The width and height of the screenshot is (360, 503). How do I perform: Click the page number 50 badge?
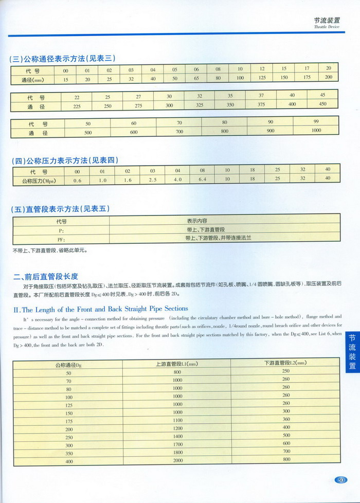(341, 480)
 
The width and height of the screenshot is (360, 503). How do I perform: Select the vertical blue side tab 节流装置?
(352, 350)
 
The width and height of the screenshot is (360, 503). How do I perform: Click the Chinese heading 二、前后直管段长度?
(46, 276)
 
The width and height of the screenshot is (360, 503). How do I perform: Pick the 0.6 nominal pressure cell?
(78, 181)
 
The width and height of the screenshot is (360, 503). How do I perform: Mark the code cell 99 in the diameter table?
(316, 122)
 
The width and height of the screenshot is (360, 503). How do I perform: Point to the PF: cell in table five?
(61, 239)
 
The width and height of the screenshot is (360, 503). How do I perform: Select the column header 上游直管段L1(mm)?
(177, 364)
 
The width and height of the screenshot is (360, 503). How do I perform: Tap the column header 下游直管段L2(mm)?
(285, 363)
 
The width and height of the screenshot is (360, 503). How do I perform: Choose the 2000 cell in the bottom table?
(177, 460)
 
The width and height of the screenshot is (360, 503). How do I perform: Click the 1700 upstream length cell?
(177, 444)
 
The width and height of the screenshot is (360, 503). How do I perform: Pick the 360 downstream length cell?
(286, 419)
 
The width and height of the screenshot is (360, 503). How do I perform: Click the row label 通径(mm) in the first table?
(34, 80)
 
